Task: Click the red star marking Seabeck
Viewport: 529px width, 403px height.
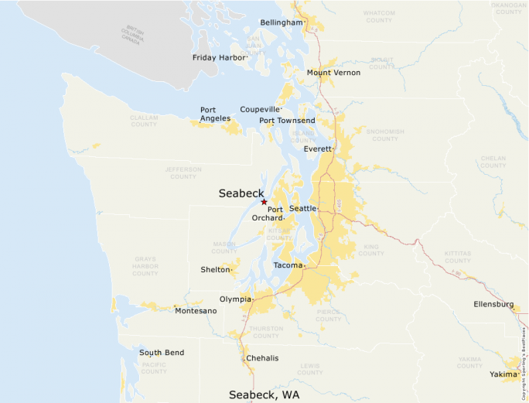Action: pos(264,202)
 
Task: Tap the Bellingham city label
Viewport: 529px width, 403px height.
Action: pos(281,22)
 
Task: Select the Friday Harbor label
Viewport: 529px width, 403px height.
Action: pos(219,57)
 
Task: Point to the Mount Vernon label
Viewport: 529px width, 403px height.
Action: pos(333,73)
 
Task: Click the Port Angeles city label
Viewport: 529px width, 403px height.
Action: pos(215,114)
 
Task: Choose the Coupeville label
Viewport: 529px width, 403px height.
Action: pos(259,109)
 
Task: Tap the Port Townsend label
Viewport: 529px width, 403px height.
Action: pos(287,121)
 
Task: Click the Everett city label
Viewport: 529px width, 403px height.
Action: pos(317,149)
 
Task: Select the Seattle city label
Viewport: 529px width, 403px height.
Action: pos(302,209)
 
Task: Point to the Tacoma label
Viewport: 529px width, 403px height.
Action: pos(288,265)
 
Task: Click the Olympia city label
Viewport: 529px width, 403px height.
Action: pos(234,299)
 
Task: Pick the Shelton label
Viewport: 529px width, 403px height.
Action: pos(215,270)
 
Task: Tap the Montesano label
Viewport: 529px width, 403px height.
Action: pos(196,310)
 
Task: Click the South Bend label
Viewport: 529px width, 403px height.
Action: pos(162,353)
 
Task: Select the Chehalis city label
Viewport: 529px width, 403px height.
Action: pos(261,358)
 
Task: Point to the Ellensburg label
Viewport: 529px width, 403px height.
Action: pos(493,305)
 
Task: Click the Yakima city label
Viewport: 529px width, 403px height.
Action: pos(502,374)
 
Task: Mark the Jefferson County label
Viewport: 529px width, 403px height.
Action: pos(183,172)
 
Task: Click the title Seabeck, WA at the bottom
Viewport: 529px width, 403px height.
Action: pos(264,394)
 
